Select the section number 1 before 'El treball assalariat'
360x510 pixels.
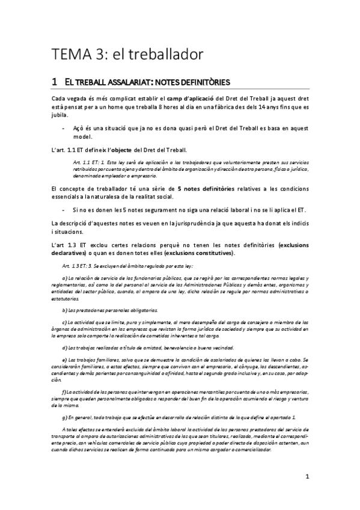pyautogui.click(x=54, y=81)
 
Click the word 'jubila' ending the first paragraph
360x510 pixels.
pyautogui.click(x=59, y=115)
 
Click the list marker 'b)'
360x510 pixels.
pyautogui.click(x=65, y=310)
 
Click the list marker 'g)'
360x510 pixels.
pyautogui.click(x=65, y=400)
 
